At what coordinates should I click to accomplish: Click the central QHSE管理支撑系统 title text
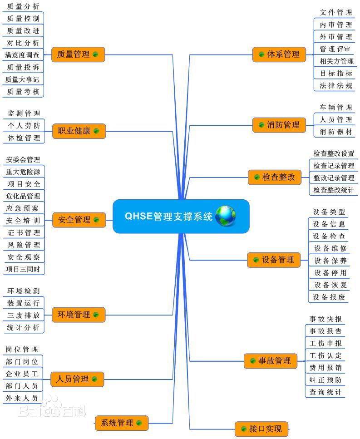(x=168, y=216)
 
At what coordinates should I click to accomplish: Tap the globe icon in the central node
(x=226, y=216)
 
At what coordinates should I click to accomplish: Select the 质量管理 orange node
(x=78, y=54)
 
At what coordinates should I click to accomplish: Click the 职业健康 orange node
(x=79, y=131)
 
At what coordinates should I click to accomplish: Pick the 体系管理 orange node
(x=279, y=54)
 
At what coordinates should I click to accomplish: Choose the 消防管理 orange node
(x=279, y=125)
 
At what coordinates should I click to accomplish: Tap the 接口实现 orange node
(x=261, y=429)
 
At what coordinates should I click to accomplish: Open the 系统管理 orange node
(x=122, y=423)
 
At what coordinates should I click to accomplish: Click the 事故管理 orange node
(x=271, y=361)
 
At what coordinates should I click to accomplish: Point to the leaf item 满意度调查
(x=22, y=55)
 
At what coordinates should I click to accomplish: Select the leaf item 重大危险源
(x=23, y=172)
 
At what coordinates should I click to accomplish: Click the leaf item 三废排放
(x=24, y=316)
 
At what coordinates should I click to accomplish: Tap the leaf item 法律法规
(x=335, y=86)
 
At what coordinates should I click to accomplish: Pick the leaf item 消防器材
(x=335, y=132)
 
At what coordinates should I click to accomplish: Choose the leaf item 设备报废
(x=329, y=297)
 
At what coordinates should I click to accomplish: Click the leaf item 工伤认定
(x=325, y=356)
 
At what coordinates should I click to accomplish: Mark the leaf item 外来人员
(x=21, y=398)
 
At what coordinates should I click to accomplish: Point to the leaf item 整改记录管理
(x=334, y=178)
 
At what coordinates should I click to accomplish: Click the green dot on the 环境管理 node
(x=96, y=315)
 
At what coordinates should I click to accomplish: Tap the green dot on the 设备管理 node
(x=256, y=260)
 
